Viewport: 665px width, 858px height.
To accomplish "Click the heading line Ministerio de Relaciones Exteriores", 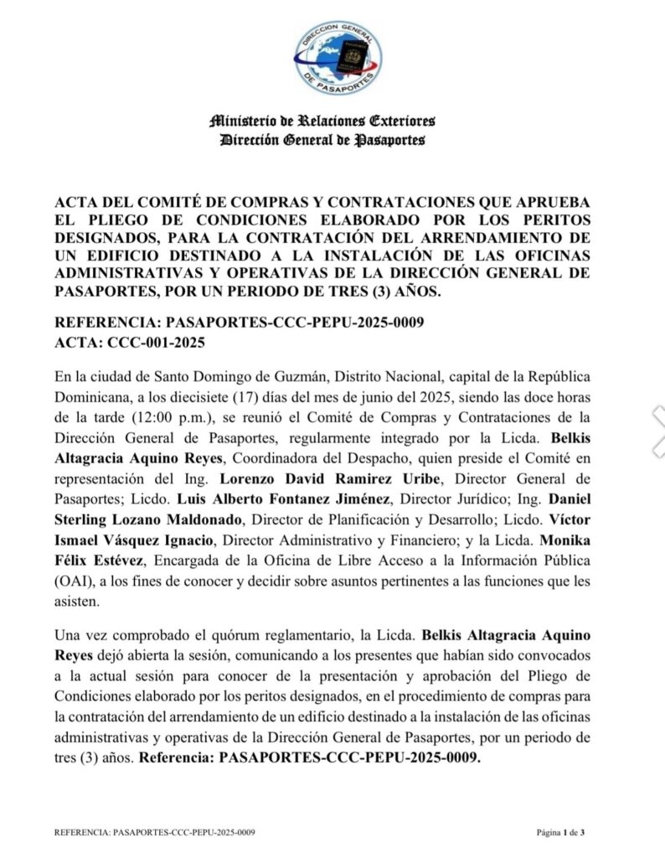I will tap(322, 121).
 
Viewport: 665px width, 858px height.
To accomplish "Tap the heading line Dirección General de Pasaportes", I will tap(322, 140).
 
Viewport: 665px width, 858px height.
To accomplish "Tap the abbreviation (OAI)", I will tap(71, 580).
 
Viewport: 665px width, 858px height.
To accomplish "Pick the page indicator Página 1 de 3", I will tap(560, 832).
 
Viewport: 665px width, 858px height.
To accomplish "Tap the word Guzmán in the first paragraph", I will tap(290, 378).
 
